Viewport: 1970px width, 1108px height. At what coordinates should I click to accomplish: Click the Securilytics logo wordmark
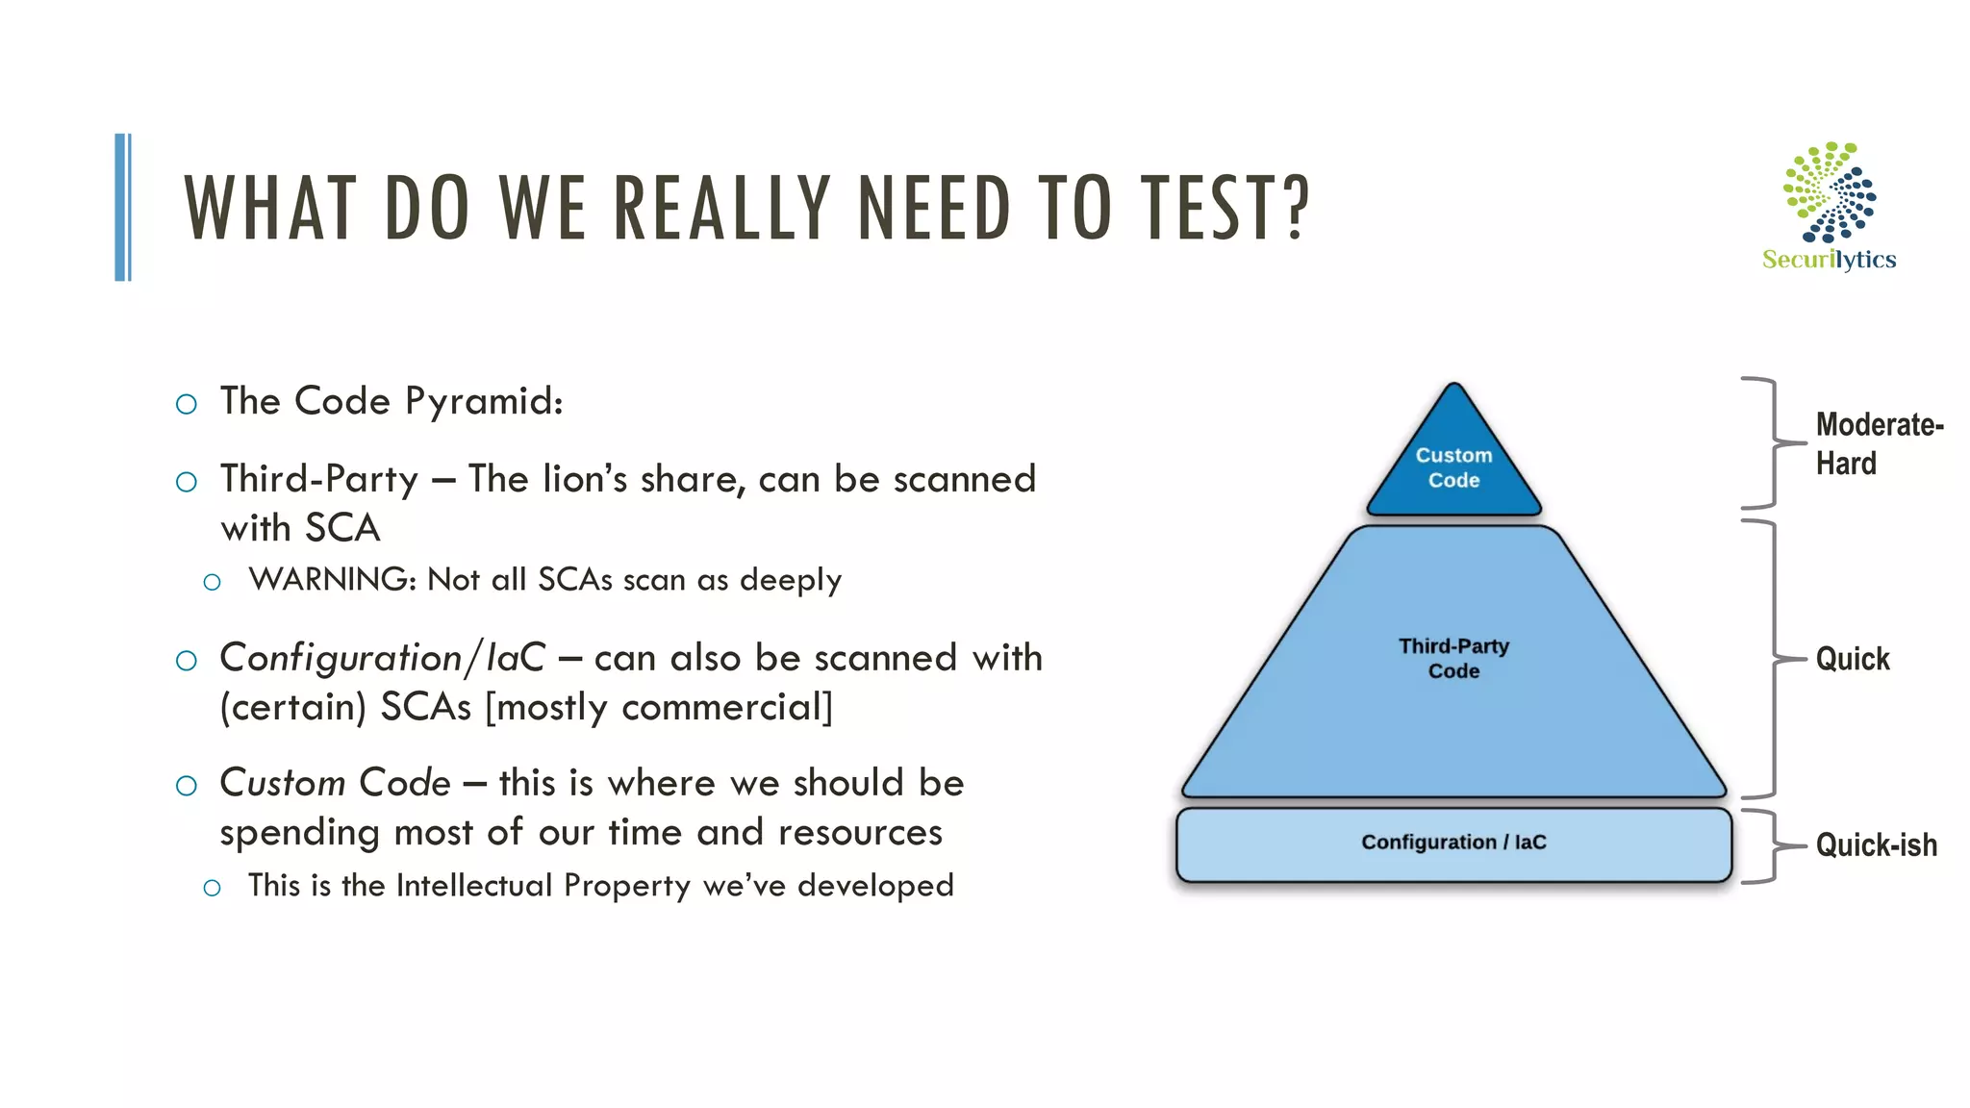pos(1829,260)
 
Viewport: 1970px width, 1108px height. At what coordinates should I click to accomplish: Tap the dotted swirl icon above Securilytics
pos(1830,192)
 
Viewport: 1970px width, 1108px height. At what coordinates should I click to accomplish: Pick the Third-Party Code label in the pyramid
pos(1453,659)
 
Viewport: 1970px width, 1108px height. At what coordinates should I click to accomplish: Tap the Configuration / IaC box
pos(1453,844)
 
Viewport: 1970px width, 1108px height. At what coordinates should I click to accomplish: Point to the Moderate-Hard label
pos(1878,443)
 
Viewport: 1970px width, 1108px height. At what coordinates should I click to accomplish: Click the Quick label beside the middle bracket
pos(1852,660)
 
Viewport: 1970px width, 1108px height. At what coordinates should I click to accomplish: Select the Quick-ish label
pos(1876,845)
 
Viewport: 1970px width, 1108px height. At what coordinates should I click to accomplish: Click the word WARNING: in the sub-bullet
pos(332,580)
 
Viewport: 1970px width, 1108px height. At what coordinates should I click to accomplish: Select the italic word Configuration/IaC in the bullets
pos(382,659)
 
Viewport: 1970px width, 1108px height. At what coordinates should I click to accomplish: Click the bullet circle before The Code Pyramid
pos(187,404)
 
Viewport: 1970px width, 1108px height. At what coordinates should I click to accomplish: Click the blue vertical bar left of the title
pos(123,207)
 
